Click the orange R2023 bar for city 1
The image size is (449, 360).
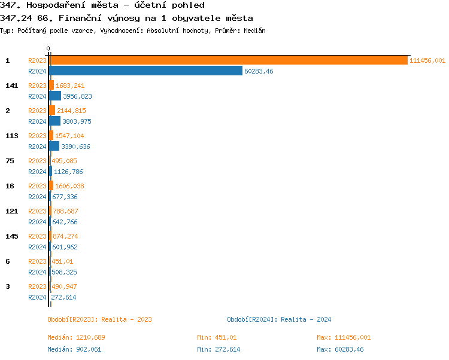coord(228,60)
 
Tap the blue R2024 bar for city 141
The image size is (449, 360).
coord(55,96)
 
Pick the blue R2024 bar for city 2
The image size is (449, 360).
coord(54,121)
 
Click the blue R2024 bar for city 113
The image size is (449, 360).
coord(54,147)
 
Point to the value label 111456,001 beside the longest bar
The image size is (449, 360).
coord(427,60)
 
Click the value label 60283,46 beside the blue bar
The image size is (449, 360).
coord(259,71)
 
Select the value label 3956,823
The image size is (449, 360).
coord(77,96)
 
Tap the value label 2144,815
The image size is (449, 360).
coord(71,111)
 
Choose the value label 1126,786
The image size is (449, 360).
coord(68,172)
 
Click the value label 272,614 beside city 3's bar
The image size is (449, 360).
coord(63,297)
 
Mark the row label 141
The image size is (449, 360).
coord(12,86)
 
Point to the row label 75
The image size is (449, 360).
coord(10,161)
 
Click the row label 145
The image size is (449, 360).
coord(12,236)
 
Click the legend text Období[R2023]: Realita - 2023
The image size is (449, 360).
coord(99,319)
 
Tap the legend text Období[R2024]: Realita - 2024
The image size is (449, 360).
coord(279,319)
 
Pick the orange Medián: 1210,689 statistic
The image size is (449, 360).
coord(76,337)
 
